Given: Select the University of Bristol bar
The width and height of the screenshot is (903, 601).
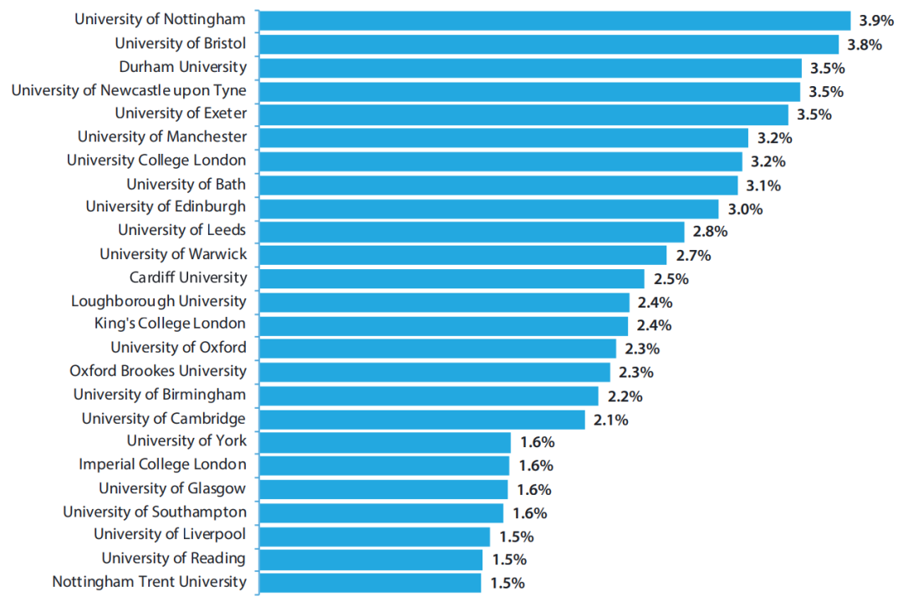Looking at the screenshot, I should [x=548, y=43].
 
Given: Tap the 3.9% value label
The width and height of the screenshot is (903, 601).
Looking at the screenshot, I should [x=876, y=21].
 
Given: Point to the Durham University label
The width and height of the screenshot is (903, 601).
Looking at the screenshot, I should [x=182, y=67].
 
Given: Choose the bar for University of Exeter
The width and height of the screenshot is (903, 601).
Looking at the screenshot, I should [x=523, y=115].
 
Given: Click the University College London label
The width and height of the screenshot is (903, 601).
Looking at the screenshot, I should [x=156, y=160].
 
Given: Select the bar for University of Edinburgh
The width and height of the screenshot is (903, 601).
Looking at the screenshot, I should [x=488, y=208].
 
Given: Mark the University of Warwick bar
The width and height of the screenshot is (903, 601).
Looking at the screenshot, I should [x=462, y=255].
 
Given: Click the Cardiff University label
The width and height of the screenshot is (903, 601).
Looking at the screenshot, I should [x=188, y=278].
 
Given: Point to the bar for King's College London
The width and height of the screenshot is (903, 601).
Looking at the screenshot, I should [x=443, y=325].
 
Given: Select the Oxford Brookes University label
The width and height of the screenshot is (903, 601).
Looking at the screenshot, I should [x=158, y=370].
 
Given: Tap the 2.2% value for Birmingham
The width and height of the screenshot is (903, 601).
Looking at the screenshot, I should [x=625, y=396].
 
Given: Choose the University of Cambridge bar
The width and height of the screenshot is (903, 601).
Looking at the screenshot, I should [x=421, y=419].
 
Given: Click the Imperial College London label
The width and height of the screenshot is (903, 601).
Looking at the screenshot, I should [x=162, y=464].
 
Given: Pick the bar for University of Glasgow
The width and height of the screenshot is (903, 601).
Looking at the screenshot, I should [x=383, y=489].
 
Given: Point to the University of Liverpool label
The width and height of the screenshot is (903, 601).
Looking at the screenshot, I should [x=170, y=534].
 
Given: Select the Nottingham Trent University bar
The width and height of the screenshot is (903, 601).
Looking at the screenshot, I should [x=370, y=583].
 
